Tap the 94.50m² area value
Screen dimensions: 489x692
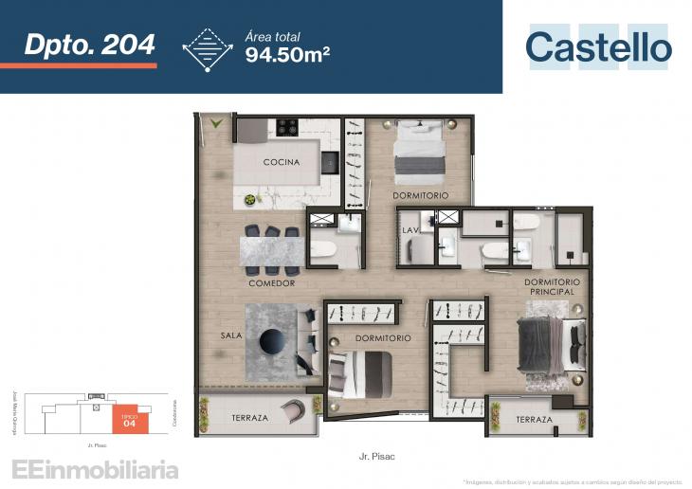click(x=286, y=53)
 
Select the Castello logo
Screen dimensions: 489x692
click(x=598, y=47)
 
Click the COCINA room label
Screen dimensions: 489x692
click(x=282, y=162)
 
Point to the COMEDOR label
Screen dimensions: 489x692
click(x=272, y=282)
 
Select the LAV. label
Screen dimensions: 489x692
click(x=410, y=230)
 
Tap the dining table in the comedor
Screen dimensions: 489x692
click(x=272, y=252)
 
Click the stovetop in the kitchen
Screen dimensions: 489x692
click(x=286, y=126)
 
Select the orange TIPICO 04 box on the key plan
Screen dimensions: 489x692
click(x=130, y=419)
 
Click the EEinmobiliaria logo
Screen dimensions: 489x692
click(x=94, y=468)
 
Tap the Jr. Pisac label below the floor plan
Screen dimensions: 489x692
click(x=377, y=456)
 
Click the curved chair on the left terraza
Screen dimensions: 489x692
click(x=295, y=411)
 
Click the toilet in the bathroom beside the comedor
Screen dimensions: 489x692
click(x=322, y=250)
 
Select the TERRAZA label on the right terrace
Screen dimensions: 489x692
click(x=534, y=420)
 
